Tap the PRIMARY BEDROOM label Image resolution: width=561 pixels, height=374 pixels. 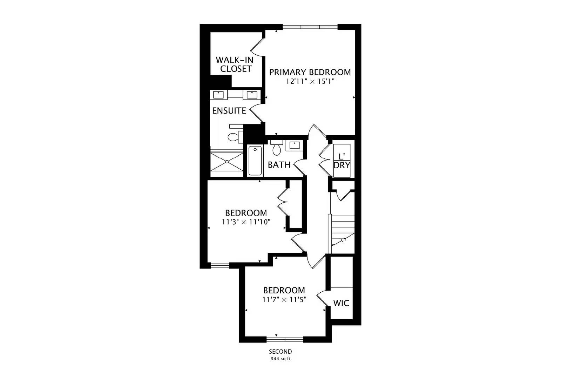pyautogui.click(x=310, y=72)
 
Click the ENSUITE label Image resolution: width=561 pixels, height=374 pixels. pyautogui.click(x=229, y=111)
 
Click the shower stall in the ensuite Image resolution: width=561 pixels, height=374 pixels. pyautogui.click(x=227, y=162)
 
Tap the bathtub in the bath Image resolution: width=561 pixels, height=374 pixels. pyautogui.click(x=255, y=161)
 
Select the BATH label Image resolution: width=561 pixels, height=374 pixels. pyautogui.click(x=279, y=165)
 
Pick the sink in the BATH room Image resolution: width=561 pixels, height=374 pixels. pyautogui.click(x=294, y=145)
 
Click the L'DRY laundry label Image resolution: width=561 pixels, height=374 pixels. pyautogui.click(x=342, y=161)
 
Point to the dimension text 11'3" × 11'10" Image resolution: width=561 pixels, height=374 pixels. pyautogui.click(x=246, y=222)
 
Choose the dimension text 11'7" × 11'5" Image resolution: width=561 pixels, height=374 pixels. pyautogui.click(x=284, y=300)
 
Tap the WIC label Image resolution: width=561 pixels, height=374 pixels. pyautogui.click(x=341, y=303)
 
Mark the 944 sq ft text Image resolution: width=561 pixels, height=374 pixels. pyautogui.click(x=280, y=359)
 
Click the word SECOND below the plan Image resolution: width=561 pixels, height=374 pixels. pyautogui.click(x=280, y=352)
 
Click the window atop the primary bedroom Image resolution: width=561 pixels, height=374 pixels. pyautogui.click(x=310, y=26)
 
